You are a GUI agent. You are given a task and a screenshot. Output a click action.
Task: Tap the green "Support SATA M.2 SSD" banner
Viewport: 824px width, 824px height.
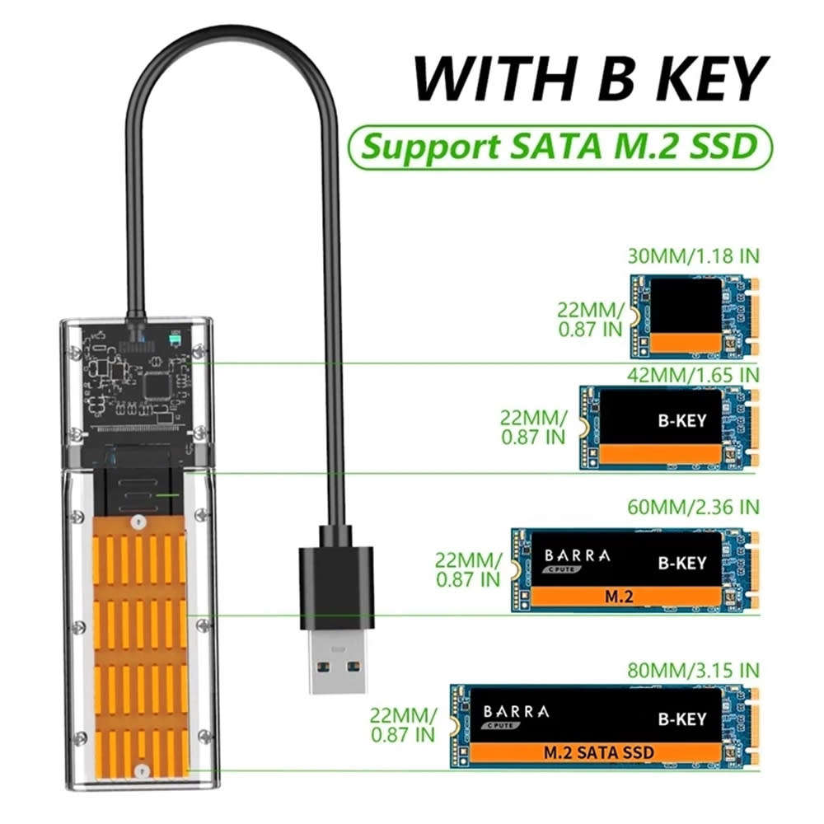pyautogui.click(x=560, y=146)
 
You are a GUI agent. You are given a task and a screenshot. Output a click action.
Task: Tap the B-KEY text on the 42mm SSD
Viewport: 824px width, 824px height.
pyautogui.click(x=681, y=420)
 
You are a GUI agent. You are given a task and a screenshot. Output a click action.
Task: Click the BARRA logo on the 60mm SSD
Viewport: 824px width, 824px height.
pyautogui.click(x=576, y=556)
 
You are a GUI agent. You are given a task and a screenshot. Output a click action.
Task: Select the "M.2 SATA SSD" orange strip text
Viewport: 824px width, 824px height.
pyautogui.click(x=599, y=752)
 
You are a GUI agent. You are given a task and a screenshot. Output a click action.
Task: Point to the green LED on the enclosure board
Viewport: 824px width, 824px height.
pyautogui.click(x=175, y=339)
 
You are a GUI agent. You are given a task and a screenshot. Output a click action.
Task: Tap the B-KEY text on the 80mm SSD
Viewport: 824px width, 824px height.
pyautogui.click(x=681, y=718)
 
